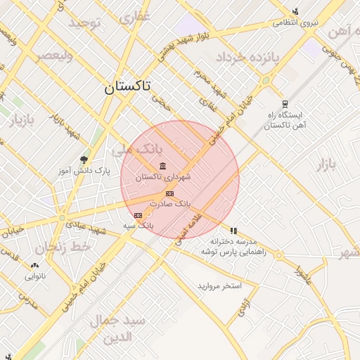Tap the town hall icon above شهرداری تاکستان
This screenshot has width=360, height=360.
point(163,166)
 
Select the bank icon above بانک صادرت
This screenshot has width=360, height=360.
point(169,193)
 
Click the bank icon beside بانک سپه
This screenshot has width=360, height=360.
point(137,215)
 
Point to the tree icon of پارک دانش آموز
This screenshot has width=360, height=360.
point(84,160)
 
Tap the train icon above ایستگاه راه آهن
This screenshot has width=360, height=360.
point(284,103)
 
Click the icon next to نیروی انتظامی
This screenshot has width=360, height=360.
point(295,11)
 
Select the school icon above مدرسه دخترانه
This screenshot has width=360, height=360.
point(233,230)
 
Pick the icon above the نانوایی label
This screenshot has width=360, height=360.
point(34,265)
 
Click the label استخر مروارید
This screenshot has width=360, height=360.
point(219,286)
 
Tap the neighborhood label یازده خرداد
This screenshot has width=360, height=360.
point(247,56)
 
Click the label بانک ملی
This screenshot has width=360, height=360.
point(137,150)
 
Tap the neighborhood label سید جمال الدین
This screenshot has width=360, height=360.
point(117,328)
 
